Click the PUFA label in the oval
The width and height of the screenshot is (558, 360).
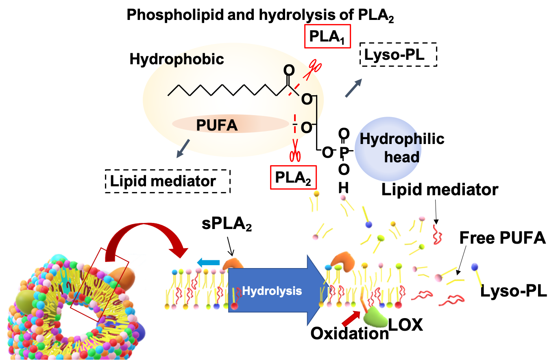(217, 125)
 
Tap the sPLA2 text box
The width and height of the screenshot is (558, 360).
(227, 224)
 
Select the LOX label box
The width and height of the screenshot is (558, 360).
(405, 324)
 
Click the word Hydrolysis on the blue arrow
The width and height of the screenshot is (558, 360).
(272, 291)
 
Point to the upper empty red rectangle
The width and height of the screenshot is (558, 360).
(327, 36)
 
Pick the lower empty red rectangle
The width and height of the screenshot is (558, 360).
(293, 177)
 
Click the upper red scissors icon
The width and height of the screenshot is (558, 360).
(314, 68)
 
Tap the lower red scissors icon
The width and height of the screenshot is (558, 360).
(294, 155)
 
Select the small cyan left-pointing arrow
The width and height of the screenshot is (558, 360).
(208, 262)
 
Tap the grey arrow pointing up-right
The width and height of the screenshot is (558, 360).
(353, 88)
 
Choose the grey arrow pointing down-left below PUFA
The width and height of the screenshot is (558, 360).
(183, 148)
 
